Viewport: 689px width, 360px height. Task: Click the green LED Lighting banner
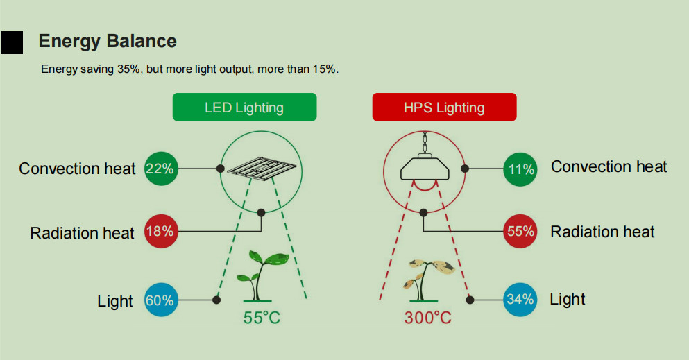pyautogui.click(x=244, y=107)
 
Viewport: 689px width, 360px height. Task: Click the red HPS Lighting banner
pyautogui.click(x=444, y=107)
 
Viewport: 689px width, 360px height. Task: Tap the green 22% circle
pyautogui.click(x=161, y=169)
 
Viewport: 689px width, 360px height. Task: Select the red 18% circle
pyautogui.click(x=161, y=232)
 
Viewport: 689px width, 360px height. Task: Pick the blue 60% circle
pyautogui.click(x=161, y=300)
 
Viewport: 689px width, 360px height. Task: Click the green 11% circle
pyautogui.click(x=520, y=169)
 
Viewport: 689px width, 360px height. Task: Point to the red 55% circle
pyautogui.click(x=520, y=232)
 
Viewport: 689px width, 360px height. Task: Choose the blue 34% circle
pyautogui.click(x=520, y=300)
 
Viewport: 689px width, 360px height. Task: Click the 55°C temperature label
pyautogui.click(x=262, y=318)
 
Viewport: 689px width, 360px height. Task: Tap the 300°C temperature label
pyautogui.click(x=428, y=318)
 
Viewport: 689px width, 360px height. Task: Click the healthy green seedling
pyautogui.click(x=261, y=275)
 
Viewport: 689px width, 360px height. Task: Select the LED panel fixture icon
pyautogui.click(x=262, y=168)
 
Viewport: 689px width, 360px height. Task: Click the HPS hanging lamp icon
pyautogui.click(x=425, y=167)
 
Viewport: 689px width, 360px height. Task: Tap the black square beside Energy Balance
pyautogui.click(x=12, y=42)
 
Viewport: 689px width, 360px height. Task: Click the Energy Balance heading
pyautogui.click(x=108, y=41)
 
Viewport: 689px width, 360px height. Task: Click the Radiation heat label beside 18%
pyautogui.click(x=82, y=233)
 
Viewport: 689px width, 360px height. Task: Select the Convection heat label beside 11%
pyautogui.click(x=609, y=167)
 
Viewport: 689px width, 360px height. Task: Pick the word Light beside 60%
pyautogui.click(x=115, y=301)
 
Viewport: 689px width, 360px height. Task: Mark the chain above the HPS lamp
pyautogui.click(x=425, y=142)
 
